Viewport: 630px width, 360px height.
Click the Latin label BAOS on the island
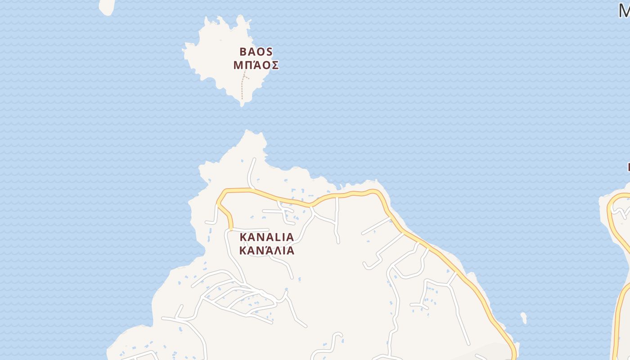[256, 51]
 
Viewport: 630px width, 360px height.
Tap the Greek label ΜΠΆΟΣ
[256, 65]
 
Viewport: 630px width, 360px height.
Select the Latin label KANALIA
[266, 237]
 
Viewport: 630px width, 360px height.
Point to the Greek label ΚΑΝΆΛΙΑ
[266, 251]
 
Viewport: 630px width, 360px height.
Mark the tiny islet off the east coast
[523, 318]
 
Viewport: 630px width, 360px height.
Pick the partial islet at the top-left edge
[107, 6]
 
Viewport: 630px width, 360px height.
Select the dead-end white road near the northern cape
[251, 173]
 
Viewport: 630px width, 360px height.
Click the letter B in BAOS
[243, 51]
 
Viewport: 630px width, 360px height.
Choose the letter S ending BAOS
[269, 51]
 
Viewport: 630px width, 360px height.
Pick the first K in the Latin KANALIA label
[243, 237]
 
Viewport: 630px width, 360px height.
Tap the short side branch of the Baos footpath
[247, 77]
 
